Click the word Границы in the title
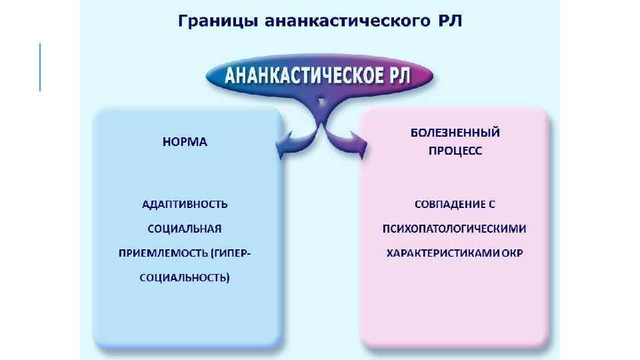pos(218,21)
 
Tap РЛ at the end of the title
pos(447,21)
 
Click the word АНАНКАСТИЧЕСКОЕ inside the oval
pos(303,76)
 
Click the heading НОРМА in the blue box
pos(185,142)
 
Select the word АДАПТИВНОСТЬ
pos(185,203)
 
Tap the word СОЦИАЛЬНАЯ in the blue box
pos(185,228)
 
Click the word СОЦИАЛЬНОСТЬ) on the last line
pos(185,277)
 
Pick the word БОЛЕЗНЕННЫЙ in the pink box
pos(455,132)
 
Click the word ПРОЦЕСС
pos(455,151)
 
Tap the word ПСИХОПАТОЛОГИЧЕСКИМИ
pos(454,228)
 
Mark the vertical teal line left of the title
pos(40,67)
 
